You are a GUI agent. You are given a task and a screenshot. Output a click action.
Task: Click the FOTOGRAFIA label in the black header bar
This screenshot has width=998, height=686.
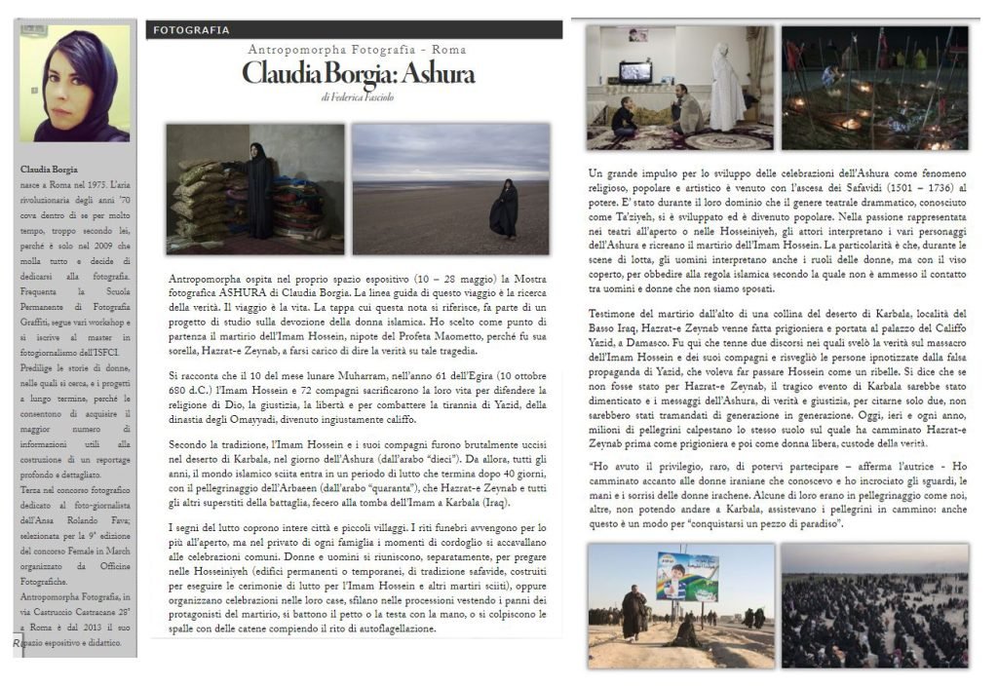pos(191,30)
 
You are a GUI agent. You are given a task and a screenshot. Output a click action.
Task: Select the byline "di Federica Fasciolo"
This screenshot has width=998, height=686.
pos(357,97)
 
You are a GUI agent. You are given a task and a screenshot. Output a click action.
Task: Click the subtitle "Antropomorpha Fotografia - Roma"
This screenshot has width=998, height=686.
pos(357,50)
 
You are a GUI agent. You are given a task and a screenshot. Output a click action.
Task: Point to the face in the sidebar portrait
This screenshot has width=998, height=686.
pos(69,82)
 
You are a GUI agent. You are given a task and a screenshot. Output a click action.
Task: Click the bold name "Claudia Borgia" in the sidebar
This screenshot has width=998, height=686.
pos(49,170)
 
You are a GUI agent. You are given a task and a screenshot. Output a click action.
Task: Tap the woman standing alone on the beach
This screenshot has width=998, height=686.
pos(505,210)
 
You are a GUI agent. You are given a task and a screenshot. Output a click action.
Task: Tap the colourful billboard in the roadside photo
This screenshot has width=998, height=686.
pos(688,576)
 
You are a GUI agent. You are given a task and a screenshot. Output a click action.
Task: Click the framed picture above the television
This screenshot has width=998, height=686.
pos(636,35)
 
